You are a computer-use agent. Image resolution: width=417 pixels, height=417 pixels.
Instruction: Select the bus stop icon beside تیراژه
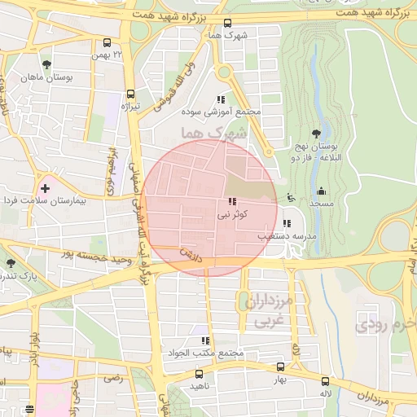[x=131, y=94]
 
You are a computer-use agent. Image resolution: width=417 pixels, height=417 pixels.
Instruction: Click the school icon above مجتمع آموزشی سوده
[x=221, y=99]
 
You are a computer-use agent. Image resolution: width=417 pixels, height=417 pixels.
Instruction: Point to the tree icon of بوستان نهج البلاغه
[x=316, y=134]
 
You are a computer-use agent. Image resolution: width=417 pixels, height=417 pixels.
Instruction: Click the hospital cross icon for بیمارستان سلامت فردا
[x=45, y=188]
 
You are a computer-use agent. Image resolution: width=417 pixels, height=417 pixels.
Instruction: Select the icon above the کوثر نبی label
[x=233, y=201]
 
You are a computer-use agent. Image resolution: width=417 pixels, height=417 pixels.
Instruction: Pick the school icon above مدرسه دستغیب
[x=285, y=223]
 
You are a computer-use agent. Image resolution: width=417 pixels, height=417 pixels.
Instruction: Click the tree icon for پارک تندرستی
[x=11, y=263]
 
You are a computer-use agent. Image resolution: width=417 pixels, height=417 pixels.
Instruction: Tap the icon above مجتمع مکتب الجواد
[x=204, y=340]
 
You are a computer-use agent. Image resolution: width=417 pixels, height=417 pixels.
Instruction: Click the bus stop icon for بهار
[x=280, y=367]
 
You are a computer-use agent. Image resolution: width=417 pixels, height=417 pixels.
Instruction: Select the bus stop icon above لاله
[x=326, y=380]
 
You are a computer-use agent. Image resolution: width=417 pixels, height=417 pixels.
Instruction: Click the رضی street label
[x=112, y=379]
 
